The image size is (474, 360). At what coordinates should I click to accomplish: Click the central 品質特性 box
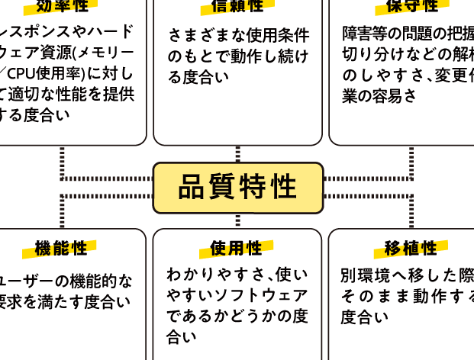(237, 188)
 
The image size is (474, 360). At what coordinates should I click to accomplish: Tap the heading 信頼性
(237, 6)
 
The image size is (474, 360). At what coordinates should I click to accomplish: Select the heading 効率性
(62, 6)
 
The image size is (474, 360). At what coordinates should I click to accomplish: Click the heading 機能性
(62, 249)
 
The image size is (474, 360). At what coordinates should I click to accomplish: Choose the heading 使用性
(237, 249)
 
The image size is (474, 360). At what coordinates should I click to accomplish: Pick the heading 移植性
(411, 249)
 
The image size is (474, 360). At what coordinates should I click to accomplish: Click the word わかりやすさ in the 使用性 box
(208, 274)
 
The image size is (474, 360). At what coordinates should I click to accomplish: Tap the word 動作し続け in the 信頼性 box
(253, 56)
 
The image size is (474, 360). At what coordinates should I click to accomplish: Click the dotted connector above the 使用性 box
(237, 220)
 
